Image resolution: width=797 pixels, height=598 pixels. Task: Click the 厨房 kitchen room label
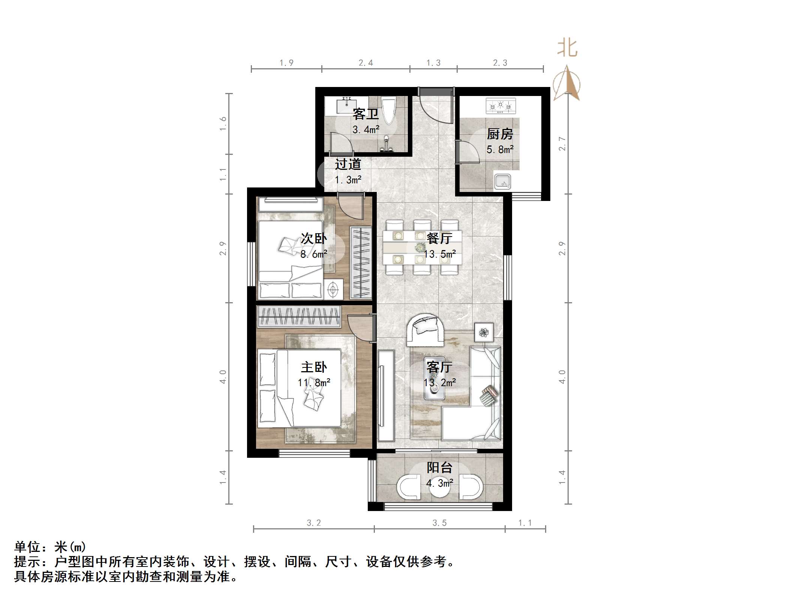(x=500, y=134)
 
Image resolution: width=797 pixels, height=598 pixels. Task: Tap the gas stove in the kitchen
(x=500, y=106)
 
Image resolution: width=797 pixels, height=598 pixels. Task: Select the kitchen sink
(x=502, y=182)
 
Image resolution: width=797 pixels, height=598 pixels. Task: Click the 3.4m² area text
(x=366, y=130)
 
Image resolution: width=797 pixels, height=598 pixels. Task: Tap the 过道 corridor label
(x=348, y=164)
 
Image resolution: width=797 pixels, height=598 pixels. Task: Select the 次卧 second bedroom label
(x=314, y=238)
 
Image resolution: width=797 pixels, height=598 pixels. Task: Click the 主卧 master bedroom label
(x=314, y=367)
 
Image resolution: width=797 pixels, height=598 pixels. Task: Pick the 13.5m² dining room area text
(x=440, y=254)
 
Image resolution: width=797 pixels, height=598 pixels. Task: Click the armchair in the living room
(x=425, y=330)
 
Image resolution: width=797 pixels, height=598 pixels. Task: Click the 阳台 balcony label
(x=439, y=468)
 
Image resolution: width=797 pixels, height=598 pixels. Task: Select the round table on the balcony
(x=439, y=487)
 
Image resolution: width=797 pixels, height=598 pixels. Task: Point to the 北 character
(x=567, y=49)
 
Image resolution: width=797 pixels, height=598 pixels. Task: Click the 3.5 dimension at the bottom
(x=439, y=523)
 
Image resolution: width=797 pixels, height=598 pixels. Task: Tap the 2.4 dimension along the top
(x=366, y=63)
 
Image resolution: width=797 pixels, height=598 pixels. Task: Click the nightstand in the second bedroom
(x=333, y=289)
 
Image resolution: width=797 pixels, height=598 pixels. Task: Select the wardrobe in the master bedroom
(x=299, y=316)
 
